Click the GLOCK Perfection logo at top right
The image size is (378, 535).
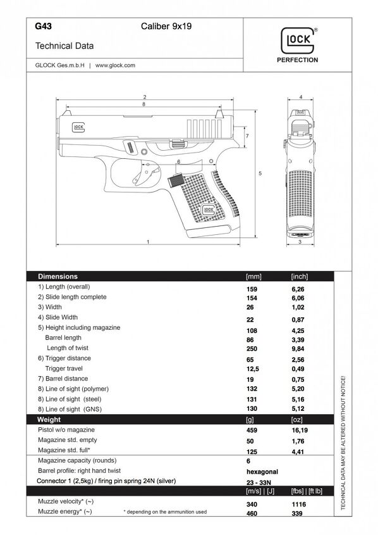(x=297, y=46)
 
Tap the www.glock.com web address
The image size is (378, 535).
(x=116, y=65)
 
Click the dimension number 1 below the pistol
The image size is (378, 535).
(x=147, y=242)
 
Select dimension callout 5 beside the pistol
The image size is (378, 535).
(x=260, y=172)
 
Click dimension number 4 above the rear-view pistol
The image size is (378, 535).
(x=300, y=97)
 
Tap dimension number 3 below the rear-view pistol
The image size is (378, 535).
(x=300, y=242)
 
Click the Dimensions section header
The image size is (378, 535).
(x=58, y=277)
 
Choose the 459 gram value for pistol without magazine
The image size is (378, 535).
(x=251, y=430)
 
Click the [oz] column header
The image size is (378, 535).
(x=296, y=420)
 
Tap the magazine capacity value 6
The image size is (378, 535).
(x=248, y=461)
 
